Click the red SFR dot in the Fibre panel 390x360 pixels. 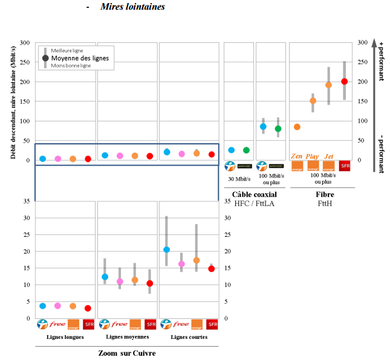[x=345, y=82]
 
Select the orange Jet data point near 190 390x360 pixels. [x=329, y=85]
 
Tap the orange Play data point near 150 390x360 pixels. [x=313, y=101]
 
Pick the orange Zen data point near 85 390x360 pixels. [x=297, y=127]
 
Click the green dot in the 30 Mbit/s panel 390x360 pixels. [x=246, y=150]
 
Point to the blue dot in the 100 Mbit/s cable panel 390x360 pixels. [x=263, y=127]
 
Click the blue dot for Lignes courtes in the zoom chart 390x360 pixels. [x=167, y=249]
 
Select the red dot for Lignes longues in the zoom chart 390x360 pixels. [x=88, y=308]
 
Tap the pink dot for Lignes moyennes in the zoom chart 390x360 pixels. [x=120, y=281]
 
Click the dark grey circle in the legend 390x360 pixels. [x=45, y=58]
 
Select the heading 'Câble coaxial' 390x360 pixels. [x=255, y=194]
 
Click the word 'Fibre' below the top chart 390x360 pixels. [x=325, y=194]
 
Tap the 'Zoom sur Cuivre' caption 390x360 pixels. [x=126, y=353]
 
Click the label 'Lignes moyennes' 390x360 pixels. [x=126, y=336]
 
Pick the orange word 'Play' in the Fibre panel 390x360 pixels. [x=313, y=156]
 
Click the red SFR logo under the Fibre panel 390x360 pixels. [x=345, y=166]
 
